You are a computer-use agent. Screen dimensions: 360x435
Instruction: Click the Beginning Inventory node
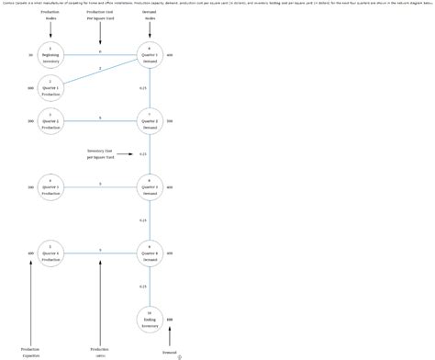coord(50,55)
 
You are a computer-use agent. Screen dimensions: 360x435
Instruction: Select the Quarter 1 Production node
coord(50,89)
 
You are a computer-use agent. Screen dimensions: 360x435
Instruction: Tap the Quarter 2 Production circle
coord(50,121)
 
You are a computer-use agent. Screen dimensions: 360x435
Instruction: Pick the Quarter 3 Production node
coord(50,187)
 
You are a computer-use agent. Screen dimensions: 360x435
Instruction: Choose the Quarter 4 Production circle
coord(50,253)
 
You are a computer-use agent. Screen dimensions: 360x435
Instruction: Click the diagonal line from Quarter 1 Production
coord(99,72)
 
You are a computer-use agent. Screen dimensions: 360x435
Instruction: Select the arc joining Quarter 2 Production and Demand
coord(99,121)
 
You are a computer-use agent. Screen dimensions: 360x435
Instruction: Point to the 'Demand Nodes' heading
coord(150,16)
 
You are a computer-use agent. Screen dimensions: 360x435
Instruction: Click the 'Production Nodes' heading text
coord(50,16)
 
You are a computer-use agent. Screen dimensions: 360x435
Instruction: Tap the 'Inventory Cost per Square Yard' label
coord(100,153)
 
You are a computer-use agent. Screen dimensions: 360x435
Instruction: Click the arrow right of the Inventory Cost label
coord(129,154)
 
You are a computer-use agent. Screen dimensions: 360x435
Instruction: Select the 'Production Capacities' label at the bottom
coord(30,352)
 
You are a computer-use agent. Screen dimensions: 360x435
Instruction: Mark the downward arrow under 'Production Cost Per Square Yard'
coord(100,35)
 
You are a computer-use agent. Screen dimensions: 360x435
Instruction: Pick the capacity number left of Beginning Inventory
coord(30,55)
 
